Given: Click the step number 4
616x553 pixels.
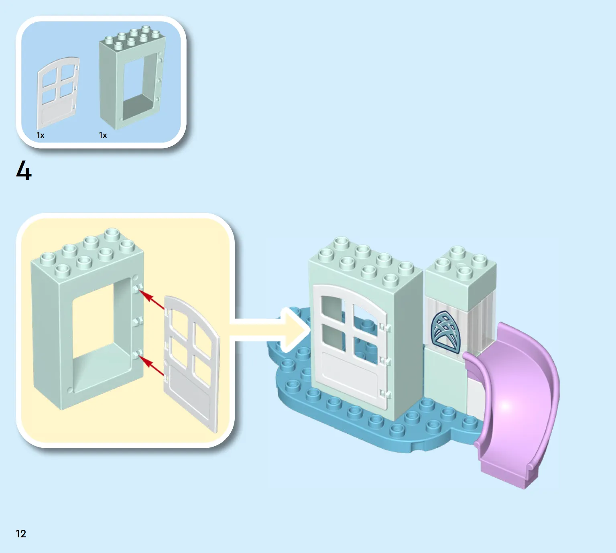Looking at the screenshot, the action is (24, 171).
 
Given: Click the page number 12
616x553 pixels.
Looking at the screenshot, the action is (21, 534).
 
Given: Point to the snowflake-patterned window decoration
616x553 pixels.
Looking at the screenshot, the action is (445, 331).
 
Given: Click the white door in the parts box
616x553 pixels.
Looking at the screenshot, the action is (58, 93).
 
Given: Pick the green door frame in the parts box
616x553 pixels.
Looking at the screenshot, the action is (132, 77).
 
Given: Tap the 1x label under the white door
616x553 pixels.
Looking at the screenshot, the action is (41, 135).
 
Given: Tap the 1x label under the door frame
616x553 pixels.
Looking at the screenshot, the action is (103, 135).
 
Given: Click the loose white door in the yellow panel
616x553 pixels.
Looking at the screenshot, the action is (191, 363).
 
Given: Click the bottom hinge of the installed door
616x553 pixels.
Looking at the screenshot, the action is (385, 394).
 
